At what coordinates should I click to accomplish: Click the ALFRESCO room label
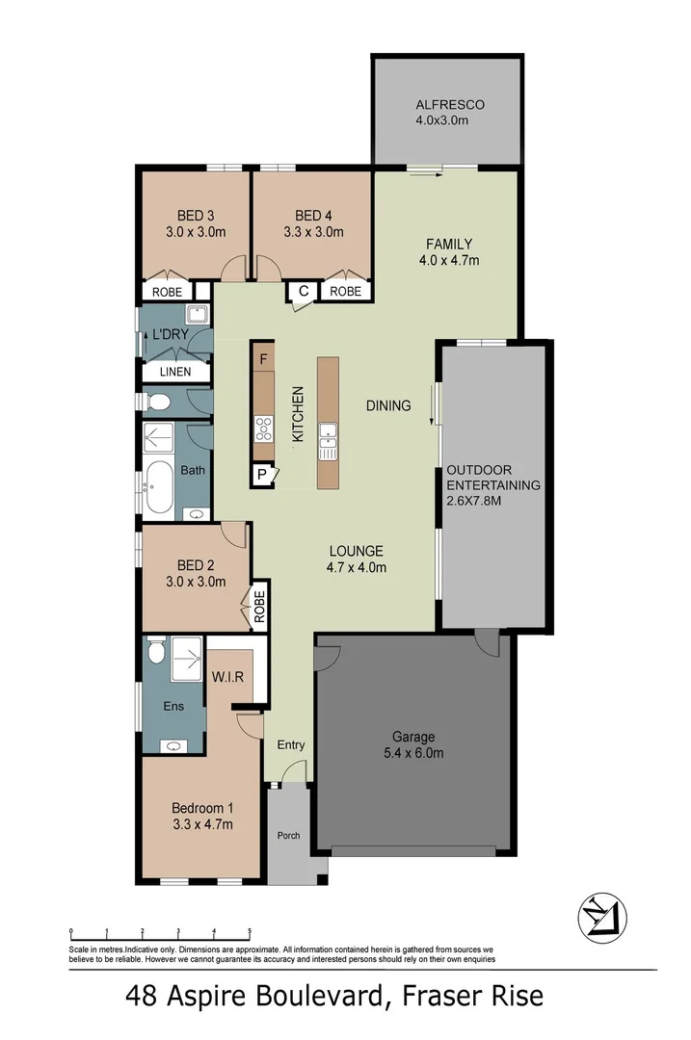click(x=449, y=105)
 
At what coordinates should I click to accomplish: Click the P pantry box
click(x=260, y=474)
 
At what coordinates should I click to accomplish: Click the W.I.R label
click(x=227, y=677)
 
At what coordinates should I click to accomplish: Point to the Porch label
click(x=288, y=835)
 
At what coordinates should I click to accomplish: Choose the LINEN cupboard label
click(x=173, y=372)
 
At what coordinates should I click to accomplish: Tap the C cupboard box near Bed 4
click(x=303, y=291)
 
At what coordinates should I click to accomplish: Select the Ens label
click(x=173, y=707)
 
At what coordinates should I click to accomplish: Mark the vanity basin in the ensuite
click(x=173, y=745)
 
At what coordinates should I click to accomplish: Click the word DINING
click(x=388, y=405)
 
